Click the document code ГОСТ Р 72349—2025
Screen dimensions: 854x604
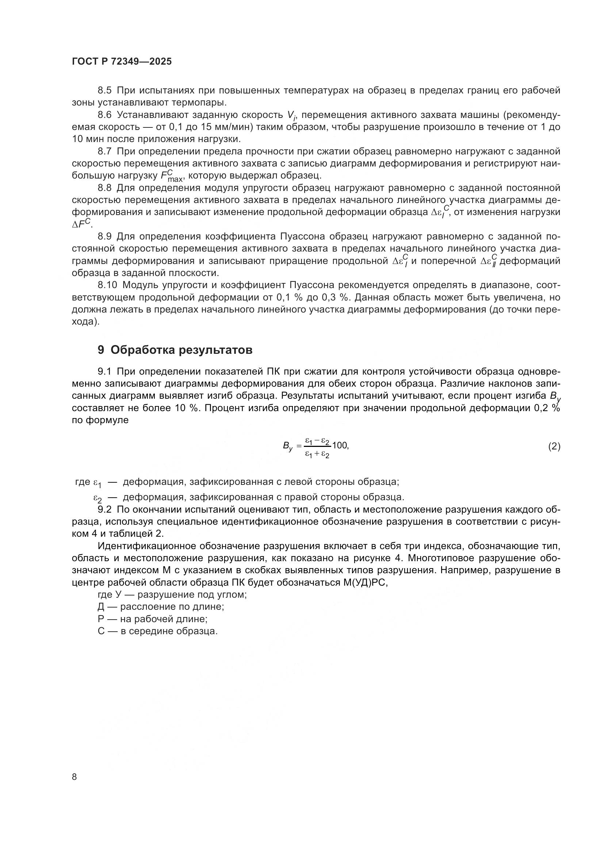(x=122, y=62)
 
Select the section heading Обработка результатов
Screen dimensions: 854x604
(x=181, y=350)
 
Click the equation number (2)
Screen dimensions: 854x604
(x=554, y=446)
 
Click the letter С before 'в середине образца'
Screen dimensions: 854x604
(x=101, y=631)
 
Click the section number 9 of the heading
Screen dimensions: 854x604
(x=101, y=350)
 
